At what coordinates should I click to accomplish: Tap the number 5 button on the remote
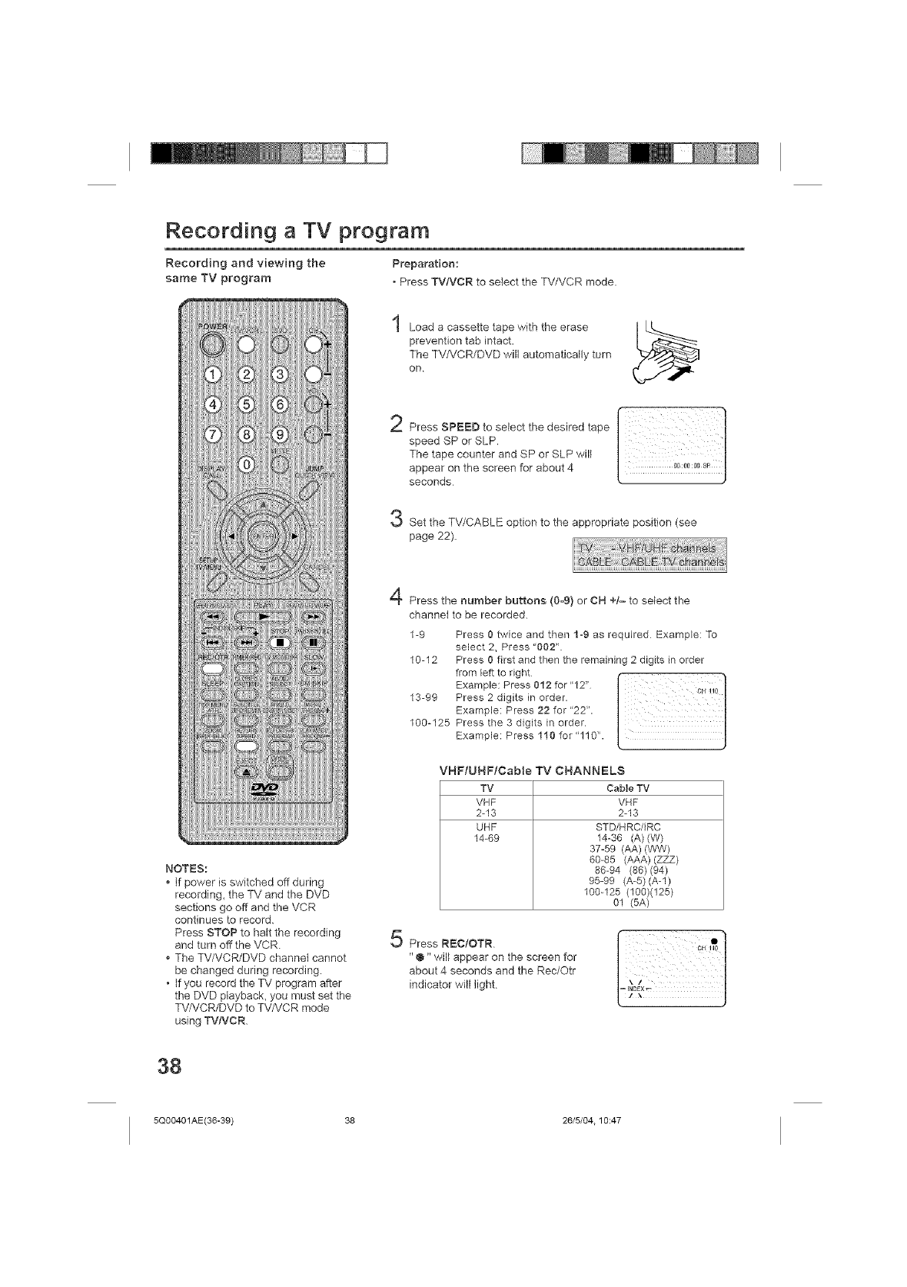(246, 404)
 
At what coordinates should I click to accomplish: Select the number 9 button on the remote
(281, 435)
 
